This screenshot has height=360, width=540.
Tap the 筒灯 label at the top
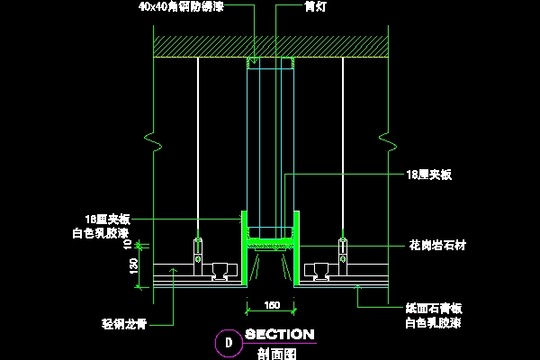click(312, 6)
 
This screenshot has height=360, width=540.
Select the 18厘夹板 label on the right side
click(428, 175)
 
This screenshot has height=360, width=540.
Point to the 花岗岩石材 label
click(431, 244)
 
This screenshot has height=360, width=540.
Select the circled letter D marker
click(228, 342)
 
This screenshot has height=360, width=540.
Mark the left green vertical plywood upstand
click(243, 247)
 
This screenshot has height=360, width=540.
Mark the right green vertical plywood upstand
click(297, 247)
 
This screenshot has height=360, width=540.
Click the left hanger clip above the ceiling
click(198, 246)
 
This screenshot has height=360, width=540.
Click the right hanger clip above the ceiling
click(342, 246)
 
